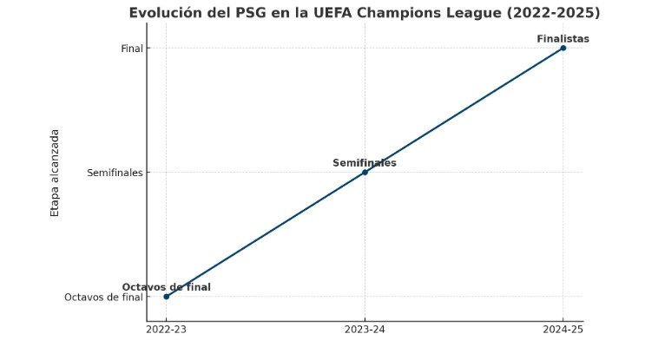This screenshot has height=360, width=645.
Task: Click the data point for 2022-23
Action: click(x=167, y=297)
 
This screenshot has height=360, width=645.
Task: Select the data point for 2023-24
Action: click(x=365, y=172)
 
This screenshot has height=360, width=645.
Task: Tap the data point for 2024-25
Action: click(x=563, y=48)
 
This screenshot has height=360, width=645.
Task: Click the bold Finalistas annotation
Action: click(x=563, y=38)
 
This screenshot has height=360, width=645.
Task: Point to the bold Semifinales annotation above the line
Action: click(x=365, y=162)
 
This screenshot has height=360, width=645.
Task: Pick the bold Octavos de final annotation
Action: click(x=166, y=287)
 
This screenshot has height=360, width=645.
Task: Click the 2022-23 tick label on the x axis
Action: click(x=167, y=330)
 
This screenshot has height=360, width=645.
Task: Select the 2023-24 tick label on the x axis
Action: click(x=365, y=330)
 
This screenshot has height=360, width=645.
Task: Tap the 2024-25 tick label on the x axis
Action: click(x=563, y=330)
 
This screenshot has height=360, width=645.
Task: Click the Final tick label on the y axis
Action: click(x=132, y=49)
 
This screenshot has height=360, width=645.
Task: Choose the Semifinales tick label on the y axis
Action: click(x=115, y=173)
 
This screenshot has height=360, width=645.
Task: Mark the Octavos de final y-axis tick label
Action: click(x=103, y=298)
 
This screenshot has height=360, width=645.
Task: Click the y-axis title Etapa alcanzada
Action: click(x=55, y=172)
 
